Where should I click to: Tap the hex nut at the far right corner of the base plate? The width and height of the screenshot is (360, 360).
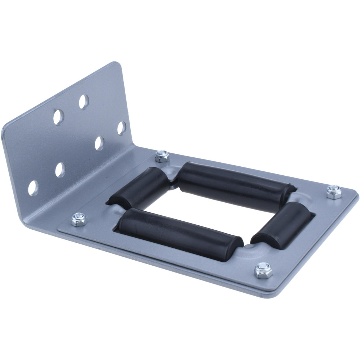click(334, 192)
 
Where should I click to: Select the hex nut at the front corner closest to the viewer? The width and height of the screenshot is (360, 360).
click(263, 270)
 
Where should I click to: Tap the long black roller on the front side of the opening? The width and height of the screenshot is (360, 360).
click(180, 234)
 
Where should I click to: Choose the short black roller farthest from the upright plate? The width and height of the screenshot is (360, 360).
click(283, 225)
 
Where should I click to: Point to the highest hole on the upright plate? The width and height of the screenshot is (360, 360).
click(84, 102)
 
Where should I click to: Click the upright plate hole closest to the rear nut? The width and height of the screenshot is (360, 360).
click(122, 128)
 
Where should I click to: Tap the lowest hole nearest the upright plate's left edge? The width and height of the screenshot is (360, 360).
click(33, 188)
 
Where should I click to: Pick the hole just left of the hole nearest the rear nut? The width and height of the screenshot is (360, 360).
click(99, 143)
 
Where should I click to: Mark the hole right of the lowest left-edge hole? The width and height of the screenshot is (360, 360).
click(60, 170)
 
